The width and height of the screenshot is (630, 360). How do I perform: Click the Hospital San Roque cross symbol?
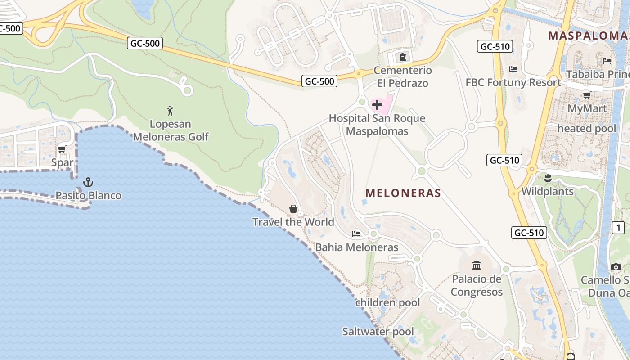tap(377, 105)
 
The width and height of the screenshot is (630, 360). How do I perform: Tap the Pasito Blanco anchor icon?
tap(88, 182)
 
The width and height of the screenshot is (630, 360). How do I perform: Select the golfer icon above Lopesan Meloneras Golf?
tap(170, 110)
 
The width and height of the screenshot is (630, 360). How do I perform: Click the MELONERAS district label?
tap(403, 193)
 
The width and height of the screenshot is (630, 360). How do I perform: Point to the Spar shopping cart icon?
tap(62, 149)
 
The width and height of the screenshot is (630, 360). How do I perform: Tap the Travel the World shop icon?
tap(293, 209)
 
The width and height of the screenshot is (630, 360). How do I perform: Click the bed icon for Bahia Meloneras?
tap(356, 234)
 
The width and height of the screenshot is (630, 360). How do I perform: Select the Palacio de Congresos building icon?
tap(477, 265)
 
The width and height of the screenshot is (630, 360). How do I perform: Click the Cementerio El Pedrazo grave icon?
tap(402, 57)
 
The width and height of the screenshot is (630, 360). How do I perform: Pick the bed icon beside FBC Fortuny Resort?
tap(513, 69)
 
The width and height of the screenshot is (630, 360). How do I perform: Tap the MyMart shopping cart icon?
tap(587, 95)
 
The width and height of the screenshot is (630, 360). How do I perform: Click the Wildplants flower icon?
tap(547, 178)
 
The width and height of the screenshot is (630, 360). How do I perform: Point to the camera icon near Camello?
tap(616, 267)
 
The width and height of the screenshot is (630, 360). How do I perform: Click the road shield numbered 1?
tap(618, 228)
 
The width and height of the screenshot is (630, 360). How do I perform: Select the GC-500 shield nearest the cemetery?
tap(319, 81)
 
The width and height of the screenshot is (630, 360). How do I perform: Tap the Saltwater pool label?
tap(378, 332)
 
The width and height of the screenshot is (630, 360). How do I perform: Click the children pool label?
tap(387, 302)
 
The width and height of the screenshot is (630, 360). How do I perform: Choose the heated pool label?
tap(587, 129)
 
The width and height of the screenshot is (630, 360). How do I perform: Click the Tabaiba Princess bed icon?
tap(607, 61)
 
